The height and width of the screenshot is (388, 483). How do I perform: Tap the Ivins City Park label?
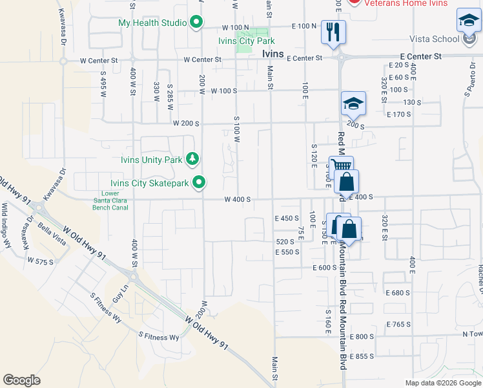pos(247,41)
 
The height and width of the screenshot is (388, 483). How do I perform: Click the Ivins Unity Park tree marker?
pos(192,158)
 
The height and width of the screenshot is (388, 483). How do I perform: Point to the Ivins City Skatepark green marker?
pos(199,183)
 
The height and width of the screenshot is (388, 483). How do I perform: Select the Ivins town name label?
pos(274,54)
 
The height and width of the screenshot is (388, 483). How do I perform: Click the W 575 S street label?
pos(40,261)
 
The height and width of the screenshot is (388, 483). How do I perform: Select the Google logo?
pos(22,380)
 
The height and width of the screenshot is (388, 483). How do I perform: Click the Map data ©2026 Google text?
pos(442,383)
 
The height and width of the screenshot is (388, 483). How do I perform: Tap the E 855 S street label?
pos(362,356)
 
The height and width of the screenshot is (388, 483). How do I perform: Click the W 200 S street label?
pos(185,122)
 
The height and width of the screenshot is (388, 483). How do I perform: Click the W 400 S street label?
pos(237,200)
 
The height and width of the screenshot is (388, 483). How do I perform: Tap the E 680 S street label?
pos(398,292)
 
